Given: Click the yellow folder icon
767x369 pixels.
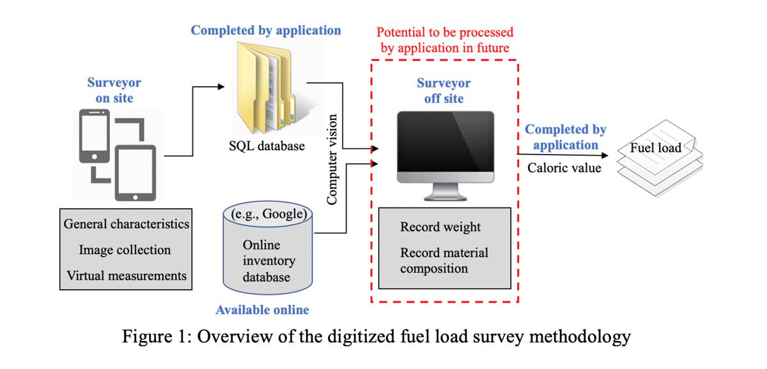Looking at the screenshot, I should click(267, 84).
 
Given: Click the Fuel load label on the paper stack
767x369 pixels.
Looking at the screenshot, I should click(655, 147).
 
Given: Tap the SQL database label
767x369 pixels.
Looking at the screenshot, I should click(267, 146).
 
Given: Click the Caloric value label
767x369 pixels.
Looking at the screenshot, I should click(564, 169).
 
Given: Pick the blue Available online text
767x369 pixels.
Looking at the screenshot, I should click(262, 310).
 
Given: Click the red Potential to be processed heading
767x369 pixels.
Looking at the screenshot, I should click(445, 39).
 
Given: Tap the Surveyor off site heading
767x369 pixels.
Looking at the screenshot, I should click(444, 91).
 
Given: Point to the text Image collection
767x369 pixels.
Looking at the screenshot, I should click(125, 250).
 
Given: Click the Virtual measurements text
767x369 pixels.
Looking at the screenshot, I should click(126, 275).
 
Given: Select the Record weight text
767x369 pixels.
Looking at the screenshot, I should click(440, 227).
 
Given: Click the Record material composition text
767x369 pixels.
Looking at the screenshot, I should click(444, 260).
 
